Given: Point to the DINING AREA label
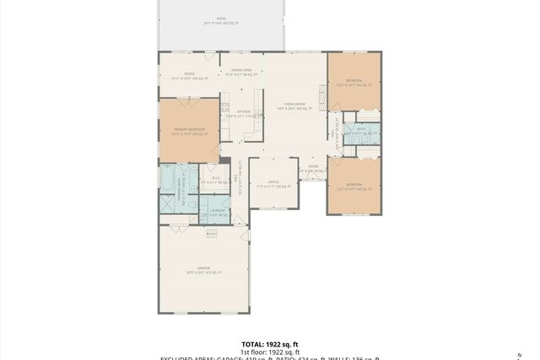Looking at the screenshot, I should [x=241, y=70].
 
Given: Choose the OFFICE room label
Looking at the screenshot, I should [x=273, y=181].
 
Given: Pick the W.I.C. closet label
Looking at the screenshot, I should [x=216, y=178].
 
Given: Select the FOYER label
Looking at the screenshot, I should [x=313, y=168].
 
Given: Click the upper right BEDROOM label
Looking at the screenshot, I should [x=354, y=81].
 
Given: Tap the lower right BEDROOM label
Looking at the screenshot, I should [x=354, y=185].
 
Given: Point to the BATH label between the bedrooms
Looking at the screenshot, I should [x=360, y=129].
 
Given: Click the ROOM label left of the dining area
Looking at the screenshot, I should [x=191, y=74].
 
